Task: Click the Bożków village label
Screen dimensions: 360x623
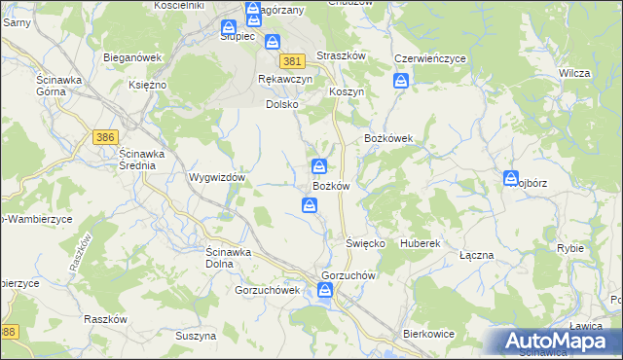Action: coord(331,186)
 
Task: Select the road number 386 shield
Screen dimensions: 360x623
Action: coord(106,138)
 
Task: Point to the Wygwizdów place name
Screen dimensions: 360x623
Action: coord(216,179)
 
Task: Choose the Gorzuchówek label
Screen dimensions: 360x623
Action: coord(260,290)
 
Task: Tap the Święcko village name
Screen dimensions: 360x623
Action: coord(366,242)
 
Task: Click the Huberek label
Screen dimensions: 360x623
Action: coord(421,242)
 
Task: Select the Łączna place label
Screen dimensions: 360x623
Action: coord(476,255)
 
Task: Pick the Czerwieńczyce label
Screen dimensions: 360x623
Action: coord(429,58)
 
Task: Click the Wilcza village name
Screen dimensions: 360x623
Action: coord(576,74)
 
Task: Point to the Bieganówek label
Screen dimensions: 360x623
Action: coord(132,57)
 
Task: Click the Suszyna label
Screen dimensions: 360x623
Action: coord(196,336)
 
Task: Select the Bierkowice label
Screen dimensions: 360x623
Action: coord(429,334)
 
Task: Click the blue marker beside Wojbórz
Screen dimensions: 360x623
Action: coord(511,178)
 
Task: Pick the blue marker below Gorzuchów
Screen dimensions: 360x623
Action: coord(323,291)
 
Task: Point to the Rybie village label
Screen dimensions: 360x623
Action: coord(570,248)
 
